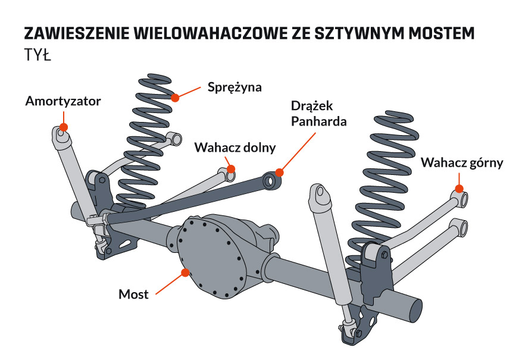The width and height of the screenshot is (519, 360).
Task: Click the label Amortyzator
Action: pos(63,101)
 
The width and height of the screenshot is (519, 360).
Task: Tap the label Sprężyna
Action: pos(235,87)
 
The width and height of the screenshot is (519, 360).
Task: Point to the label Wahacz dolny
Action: pos(235,148)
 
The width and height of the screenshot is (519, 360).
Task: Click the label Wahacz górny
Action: pos(462,162)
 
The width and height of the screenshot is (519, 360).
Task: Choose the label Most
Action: pos(133,294)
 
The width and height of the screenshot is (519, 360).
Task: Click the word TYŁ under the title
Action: pos(37,56)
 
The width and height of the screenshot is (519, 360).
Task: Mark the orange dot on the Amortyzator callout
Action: pos(63,126)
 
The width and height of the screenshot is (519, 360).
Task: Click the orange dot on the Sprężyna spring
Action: pos(175,97)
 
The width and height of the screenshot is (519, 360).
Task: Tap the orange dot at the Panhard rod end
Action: pos(279,173)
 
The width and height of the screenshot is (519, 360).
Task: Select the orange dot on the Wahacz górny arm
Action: pos(459,189)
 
